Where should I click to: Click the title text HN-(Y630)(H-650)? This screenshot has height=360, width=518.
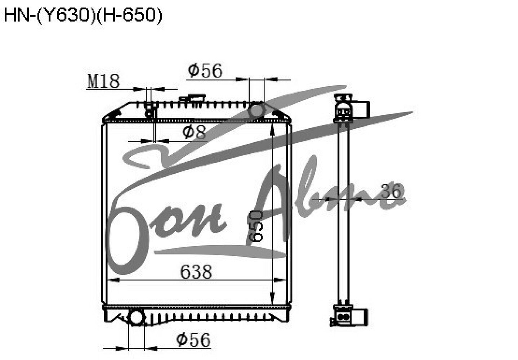tap(83, 15)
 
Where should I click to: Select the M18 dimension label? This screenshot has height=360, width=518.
tap(103, 81)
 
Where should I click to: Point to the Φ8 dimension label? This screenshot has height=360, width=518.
tap(194, 132)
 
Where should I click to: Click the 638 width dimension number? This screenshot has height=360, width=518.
tap(196, 272)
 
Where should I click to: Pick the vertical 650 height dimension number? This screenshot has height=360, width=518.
tap(255, 226)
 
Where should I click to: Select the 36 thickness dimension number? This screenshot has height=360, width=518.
tap(391, 191)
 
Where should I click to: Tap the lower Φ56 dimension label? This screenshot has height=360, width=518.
tap(193, 340)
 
